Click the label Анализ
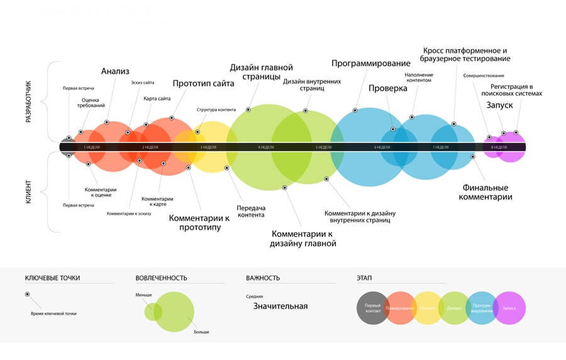116,71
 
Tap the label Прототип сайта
204,84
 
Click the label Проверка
388,89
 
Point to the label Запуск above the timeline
499,106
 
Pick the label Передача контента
252,211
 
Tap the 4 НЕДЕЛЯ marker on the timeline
265,147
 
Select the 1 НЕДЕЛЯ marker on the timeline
91,147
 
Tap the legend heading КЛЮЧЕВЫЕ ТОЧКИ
53,278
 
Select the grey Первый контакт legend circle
373,308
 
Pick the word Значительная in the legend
280,307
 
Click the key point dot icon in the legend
27,295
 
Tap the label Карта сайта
157,99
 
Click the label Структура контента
216,110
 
